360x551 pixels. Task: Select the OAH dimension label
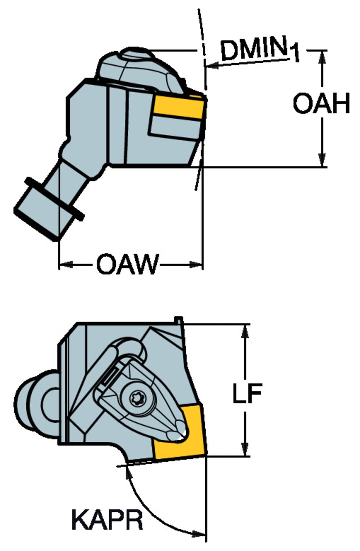click(321, 103)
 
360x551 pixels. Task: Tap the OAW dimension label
click(127, 264)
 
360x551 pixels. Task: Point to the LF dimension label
click(247, 393)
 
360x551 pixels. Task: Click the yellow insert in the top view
click(179, 107)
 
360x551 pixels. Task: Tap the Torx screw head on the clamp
click(134, 397)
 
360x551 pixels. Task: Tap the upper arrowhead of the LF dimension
click(245, 331)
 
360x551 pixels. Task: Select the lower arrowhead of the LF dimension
click(245, 450)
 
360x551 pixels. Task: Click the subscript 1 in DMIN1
click(294, 54)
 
